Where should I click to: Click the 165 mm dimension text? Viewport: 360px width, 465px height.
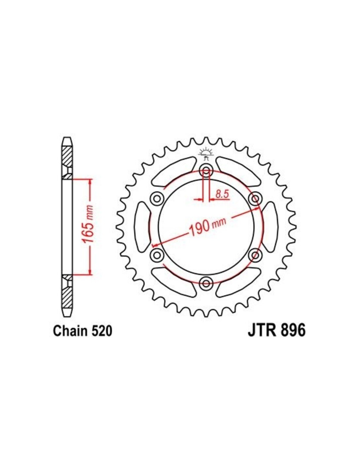pos(88,224)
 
